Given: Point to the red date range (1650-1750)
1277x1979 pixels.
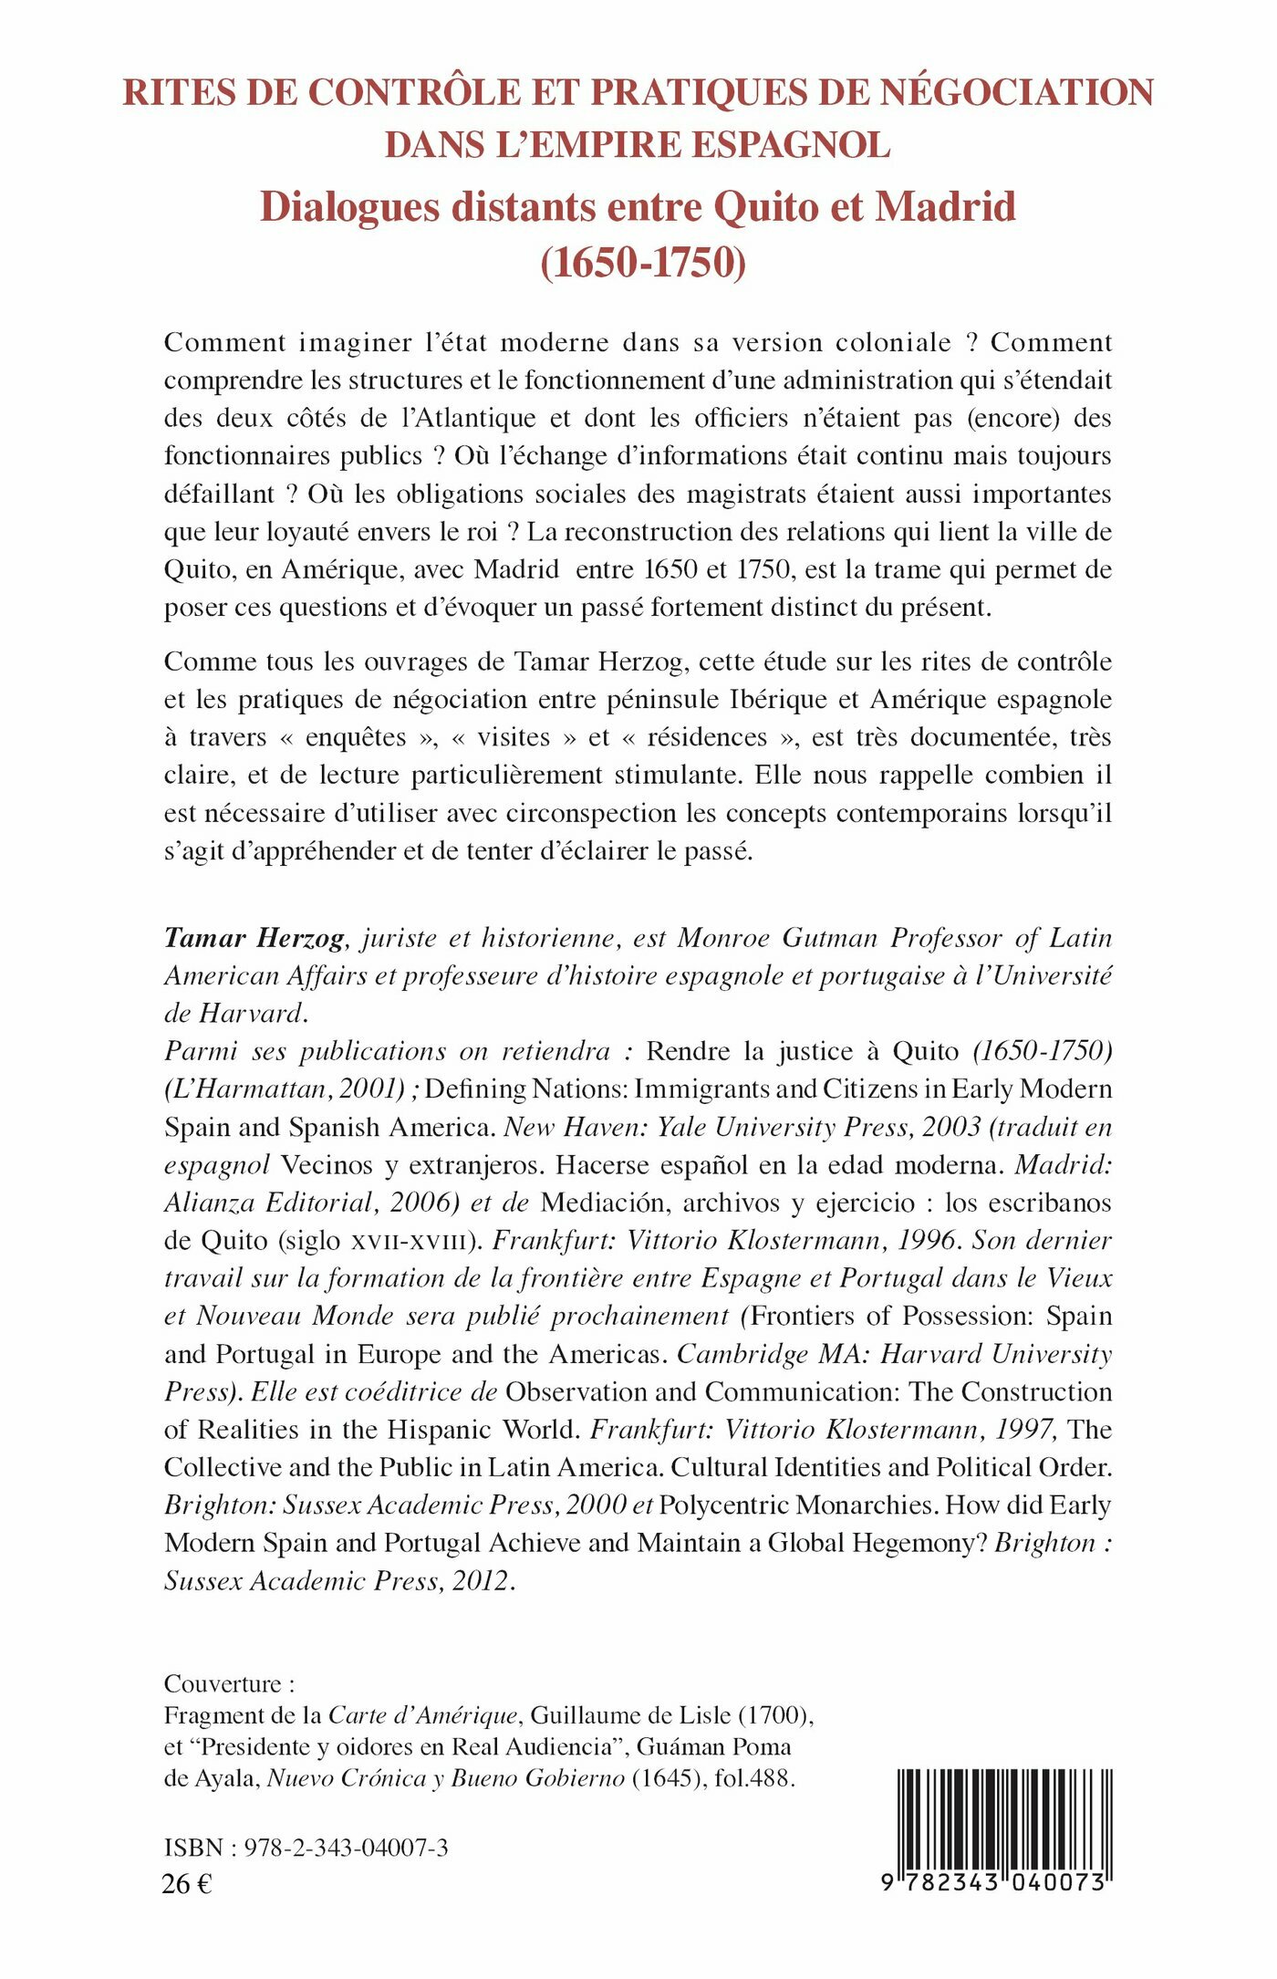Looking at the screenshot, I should pyautogui.click(x=643, y=263).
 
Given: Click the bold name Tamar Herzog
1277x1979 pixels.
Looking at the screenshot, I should pyautogui.click(x=254, y=938).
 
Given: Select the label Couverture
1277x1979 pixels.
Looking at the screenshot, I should pyautogui.click(x=223, y=1684).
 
